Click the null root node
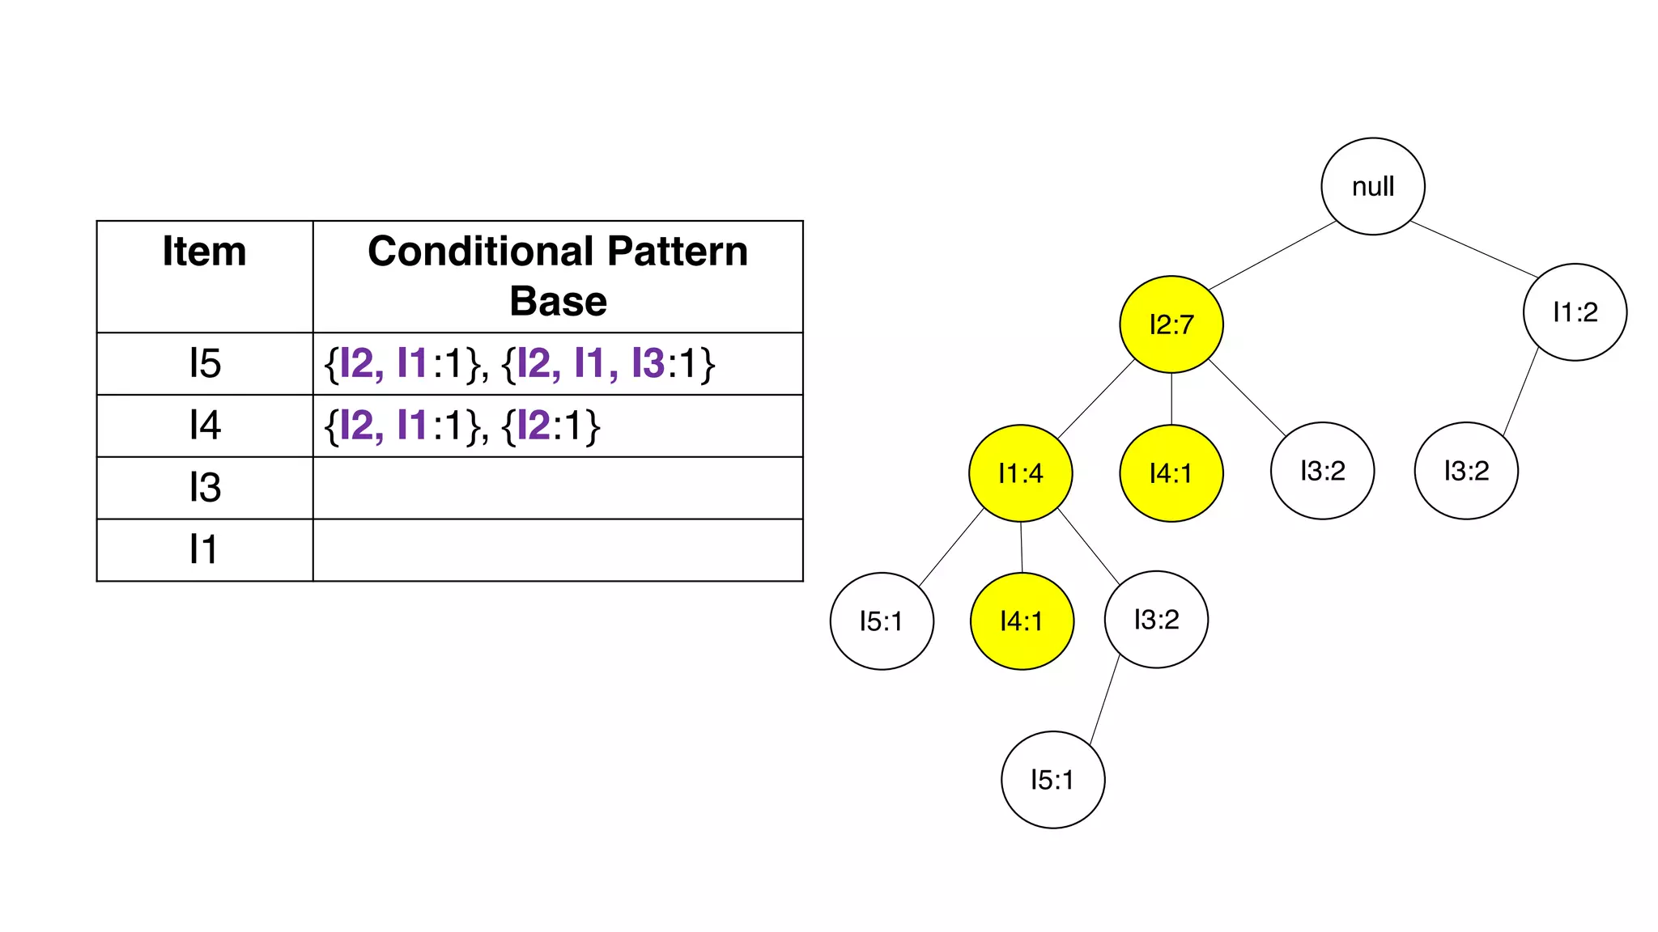pyautogui.click(x=1372, y=186)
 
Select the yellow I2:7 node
pyautogui.click(x=1171, y=324)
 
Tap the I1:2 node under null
pyautogui.click(x=1574, y=312)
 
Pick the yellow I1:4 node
pyautogui.click(x=1020, y=473)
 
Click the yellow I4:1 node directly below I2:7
pyautogui.click(x=1171, y=473)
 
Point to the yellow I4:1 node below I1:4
pyautogui.click(x=1021, y=621)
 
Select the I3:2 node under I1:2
pyautogui.click(x=1465, y=471)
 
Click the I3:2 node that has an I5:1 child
pyautogui.click(x=1155, y=620)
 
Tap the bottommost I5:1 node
pyautogui.click(x=1052, y=780)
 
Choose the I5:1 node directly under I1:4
pyautogui.click(x=881, y=621)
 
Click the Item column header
pyautogui.click(x=204, y=252)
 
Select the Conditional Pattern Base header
pyautogui.click(x=558, y=275)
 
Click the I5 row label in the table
pyautogui.click(x=205, y=363)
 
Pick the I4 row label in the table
pyautogui.click(x=205, y=426)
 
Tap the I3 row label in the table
pyautogui.click(x=205, y=488)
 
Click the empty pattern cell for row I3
pyautogui.click(x=558, y=488)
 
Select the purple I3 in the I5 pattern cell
pyautogui.click(x=648, y=363)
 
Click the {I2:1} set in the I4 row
pyautogui.click(x=551, y=426)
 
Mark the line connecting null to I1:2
pyautogui.click(x=1473, y=249)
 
